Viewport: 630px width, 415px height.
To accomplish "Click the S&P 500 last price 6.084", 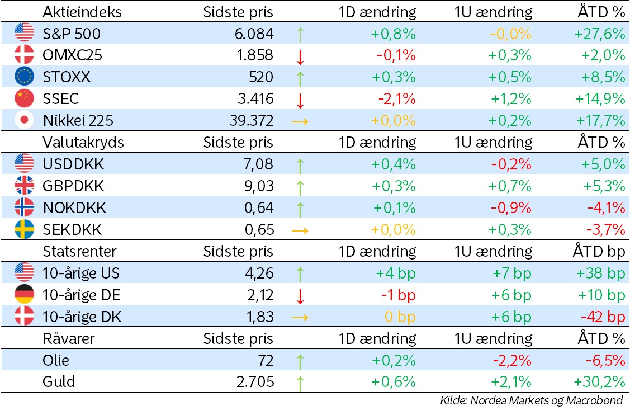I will [x=254, y=34].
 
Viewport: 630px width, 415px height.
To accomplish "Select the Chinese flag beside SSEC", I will [x=24, y=99].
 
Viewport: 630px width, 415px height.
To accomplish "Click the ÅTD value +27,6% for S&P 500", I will [x=599, y=34].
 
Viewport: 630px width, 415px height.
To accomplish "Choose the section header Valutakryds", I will [x=83, y=143].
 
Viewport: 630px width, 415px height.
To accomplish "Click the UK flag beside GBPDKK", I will [x=24, y=186].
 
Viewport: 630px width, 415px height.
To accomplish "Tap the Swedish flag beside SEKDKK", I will [x=24, y=230].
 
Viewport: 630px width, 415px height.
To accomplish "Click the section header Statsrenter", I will [x=80, y=252].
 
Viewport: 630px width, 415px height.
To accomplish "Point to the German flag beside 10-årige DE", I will [x=24, y=295].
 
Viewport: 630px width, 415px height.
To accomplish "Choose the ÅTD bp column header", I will [x=598, y=252].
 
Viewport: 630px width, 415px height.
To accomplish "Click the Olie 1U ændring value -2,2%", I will [x=511, y=361].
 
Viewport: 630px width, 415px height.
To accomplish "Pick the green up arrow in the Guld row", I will [x=300, y=383].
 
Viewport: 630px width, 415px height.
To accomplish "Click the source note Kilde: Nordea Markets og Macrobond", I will [x=531, y=400].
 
